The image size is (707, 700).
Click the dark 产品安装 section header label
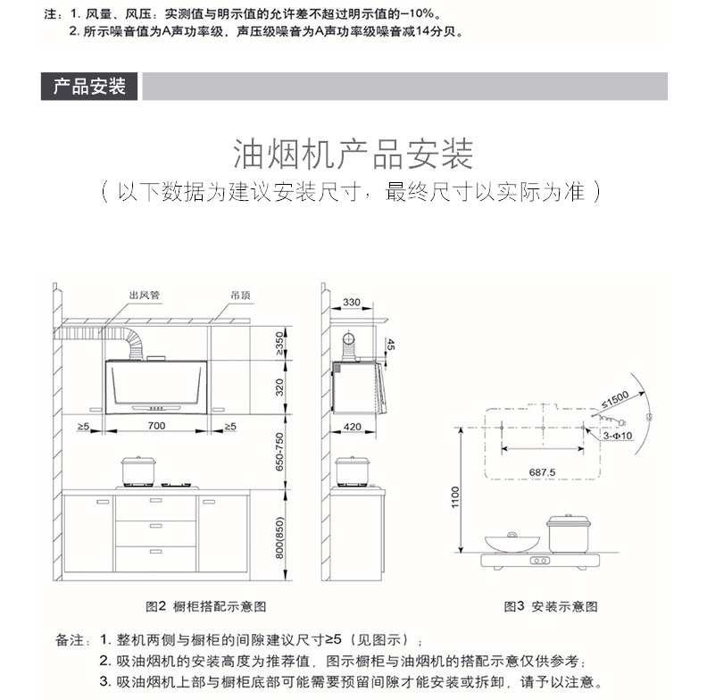point(89,87)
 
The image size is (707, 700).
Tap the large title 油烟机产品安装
point(353,154)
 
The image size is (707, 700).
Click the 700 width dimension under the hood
point(156,426)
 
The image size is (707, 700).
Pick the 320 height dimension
point(279,387)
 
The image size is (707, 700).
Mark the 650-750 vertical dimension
point(279,454)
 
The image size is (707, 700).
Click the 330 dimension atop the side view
point(352,303)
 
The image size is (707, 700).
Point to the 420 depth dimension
point(352,427)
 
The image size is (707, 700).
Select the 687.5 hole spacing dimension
point(542,471)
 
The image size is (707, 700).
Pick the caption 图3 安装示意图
point(551,606)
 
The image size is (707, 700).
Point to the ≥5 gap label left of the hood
point(83,426)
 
